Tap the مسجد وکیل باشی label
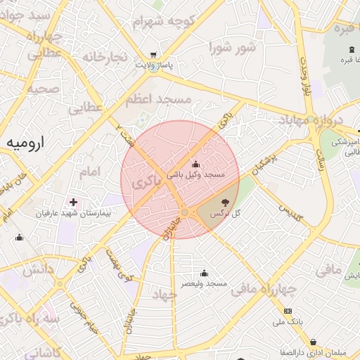[195, 173]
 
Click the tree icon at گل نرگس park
[225, 202]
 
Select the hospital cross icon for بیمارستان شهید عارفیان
[73, 202]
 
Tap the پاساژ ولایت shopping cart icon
[153, 55]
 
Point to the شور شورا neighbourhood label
[231, 48]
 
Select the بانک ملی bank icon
[288, 311]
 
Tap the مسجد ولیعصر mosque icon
[205, 273]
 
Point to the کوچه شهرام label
[164, 21]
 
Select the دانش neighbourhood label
[38, 268]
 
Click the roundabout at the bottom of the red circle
[184, 212]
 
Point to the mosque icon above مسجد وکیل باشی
[195, 164]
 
